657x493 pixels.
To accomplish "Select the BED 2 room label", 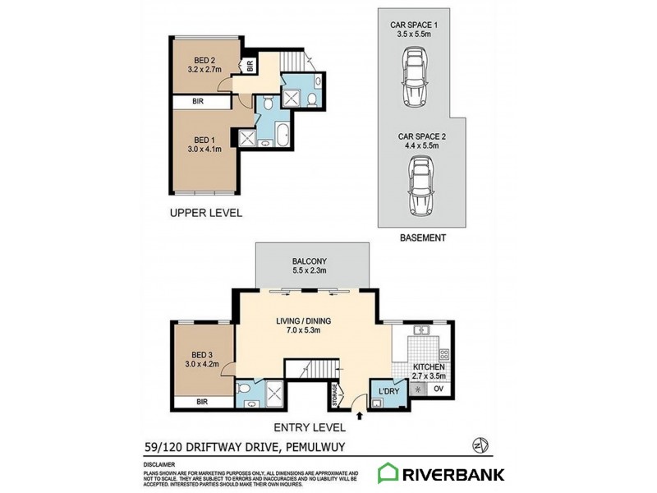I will click(x=204, y=60).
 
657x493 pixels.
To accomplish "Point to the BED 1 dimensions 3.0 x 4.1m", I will click(x=204, y=150).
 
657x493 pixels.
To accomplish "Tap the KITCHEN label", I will click(x=430, y=366).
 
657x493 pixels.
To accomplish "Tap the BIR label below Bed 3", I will click(x=202, y=403).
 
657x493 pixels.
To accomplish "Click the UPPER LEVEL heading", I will click(x=205, y=213).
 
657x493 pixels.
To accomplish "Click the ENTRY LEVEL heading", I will click(x=310, y=427).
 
